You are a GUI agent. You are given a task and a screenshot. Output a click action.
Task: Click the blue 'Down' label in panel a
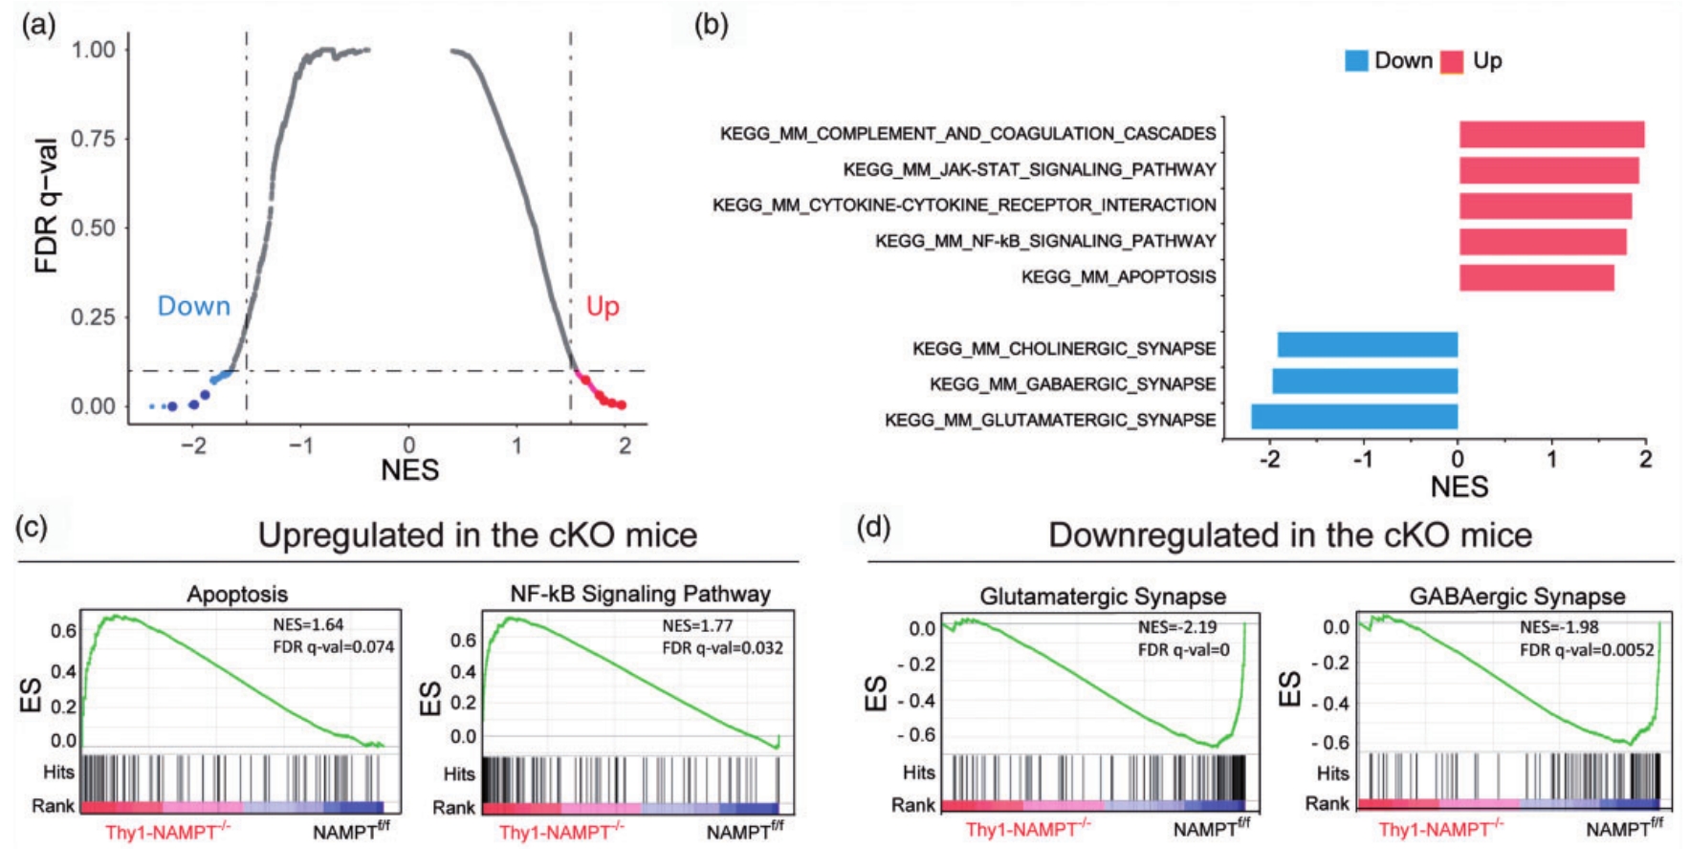[x=194, y=306]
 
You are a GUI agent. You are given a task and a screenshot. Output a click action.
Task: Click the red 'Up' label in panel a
[x=603, y=306]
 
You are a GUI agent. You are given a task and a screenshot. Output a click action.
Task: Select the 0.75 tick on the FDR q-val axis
[x=93, y=139]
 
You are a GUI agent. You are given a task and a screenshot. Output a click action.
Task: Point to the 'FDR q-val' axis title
[x=46, y=205]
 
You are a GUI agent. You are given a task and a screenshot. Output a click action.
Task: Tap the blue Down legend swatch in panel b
[x=1356, y=61]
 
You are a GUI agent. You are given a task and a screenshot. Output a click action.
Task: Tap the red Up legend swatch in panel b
[x=1452, y=61]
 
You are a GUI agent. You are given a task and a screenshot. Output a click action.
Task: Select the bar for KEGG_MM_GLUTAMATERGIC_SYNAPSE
[x=1354, y=417]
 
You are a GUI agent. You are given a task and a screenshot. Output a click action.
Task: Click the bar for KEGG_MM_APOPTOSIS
[x=1536, y=277]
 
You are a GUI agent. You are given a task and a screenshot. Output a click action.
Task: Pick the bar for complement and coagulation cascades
[x=1551, y=134]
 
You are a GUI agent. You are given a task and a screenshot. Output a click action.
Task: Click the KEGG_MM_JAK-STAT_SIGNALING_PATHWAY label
[x=1029, y=169]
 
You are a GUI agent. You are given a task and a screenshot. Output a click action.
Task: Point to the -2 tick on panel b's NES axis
[x=1269, y=459]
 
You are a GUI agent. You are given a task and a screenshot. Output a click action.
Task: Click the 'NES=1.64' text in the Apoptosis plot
[x=308, y=625]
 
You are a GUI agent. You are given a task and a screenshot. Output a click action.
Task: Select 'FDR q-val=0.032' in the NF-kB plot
[x=722, y=648]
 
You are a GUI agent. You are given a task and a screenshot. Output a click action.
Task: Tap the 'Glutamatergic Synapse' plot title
[x=1102, y=597]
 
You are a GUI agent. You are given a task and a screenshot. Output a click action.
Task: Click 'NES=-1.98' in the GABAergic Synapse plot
[x=1559, y=627]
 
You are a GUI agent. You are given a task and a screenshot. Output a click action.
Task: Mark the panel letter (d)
[x=873, y=527]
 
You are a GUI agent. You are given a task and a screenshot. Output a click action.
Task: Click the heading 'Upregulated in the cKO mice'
[x=477, y=535]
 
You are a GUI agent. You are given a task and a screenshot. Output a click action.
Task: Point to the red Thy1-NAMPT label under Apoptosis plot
[x=167, y=832]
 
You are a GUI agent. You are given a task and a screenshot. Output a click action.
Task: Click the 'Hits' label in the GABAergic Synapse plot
[x=1332, y=773]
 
